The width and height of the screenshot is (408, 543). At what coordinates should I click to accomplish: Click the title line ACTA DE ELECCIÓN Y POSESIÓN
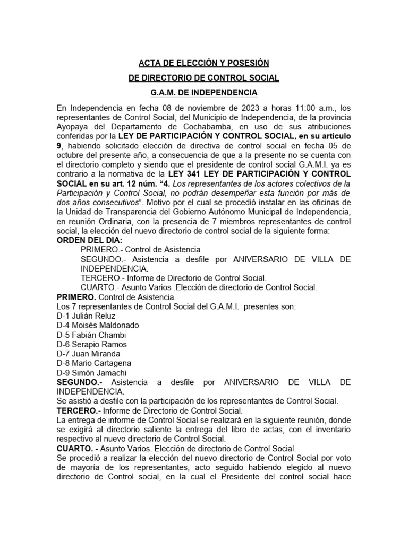tap(204, 63)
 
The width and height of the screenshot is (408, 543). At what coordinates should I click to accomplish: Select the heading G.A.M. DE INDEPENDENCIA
tap(204, 93)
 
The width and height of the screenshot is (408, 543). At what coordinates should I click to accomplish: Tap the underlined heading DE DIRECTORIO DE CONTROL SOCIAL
tap(204, 78)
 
